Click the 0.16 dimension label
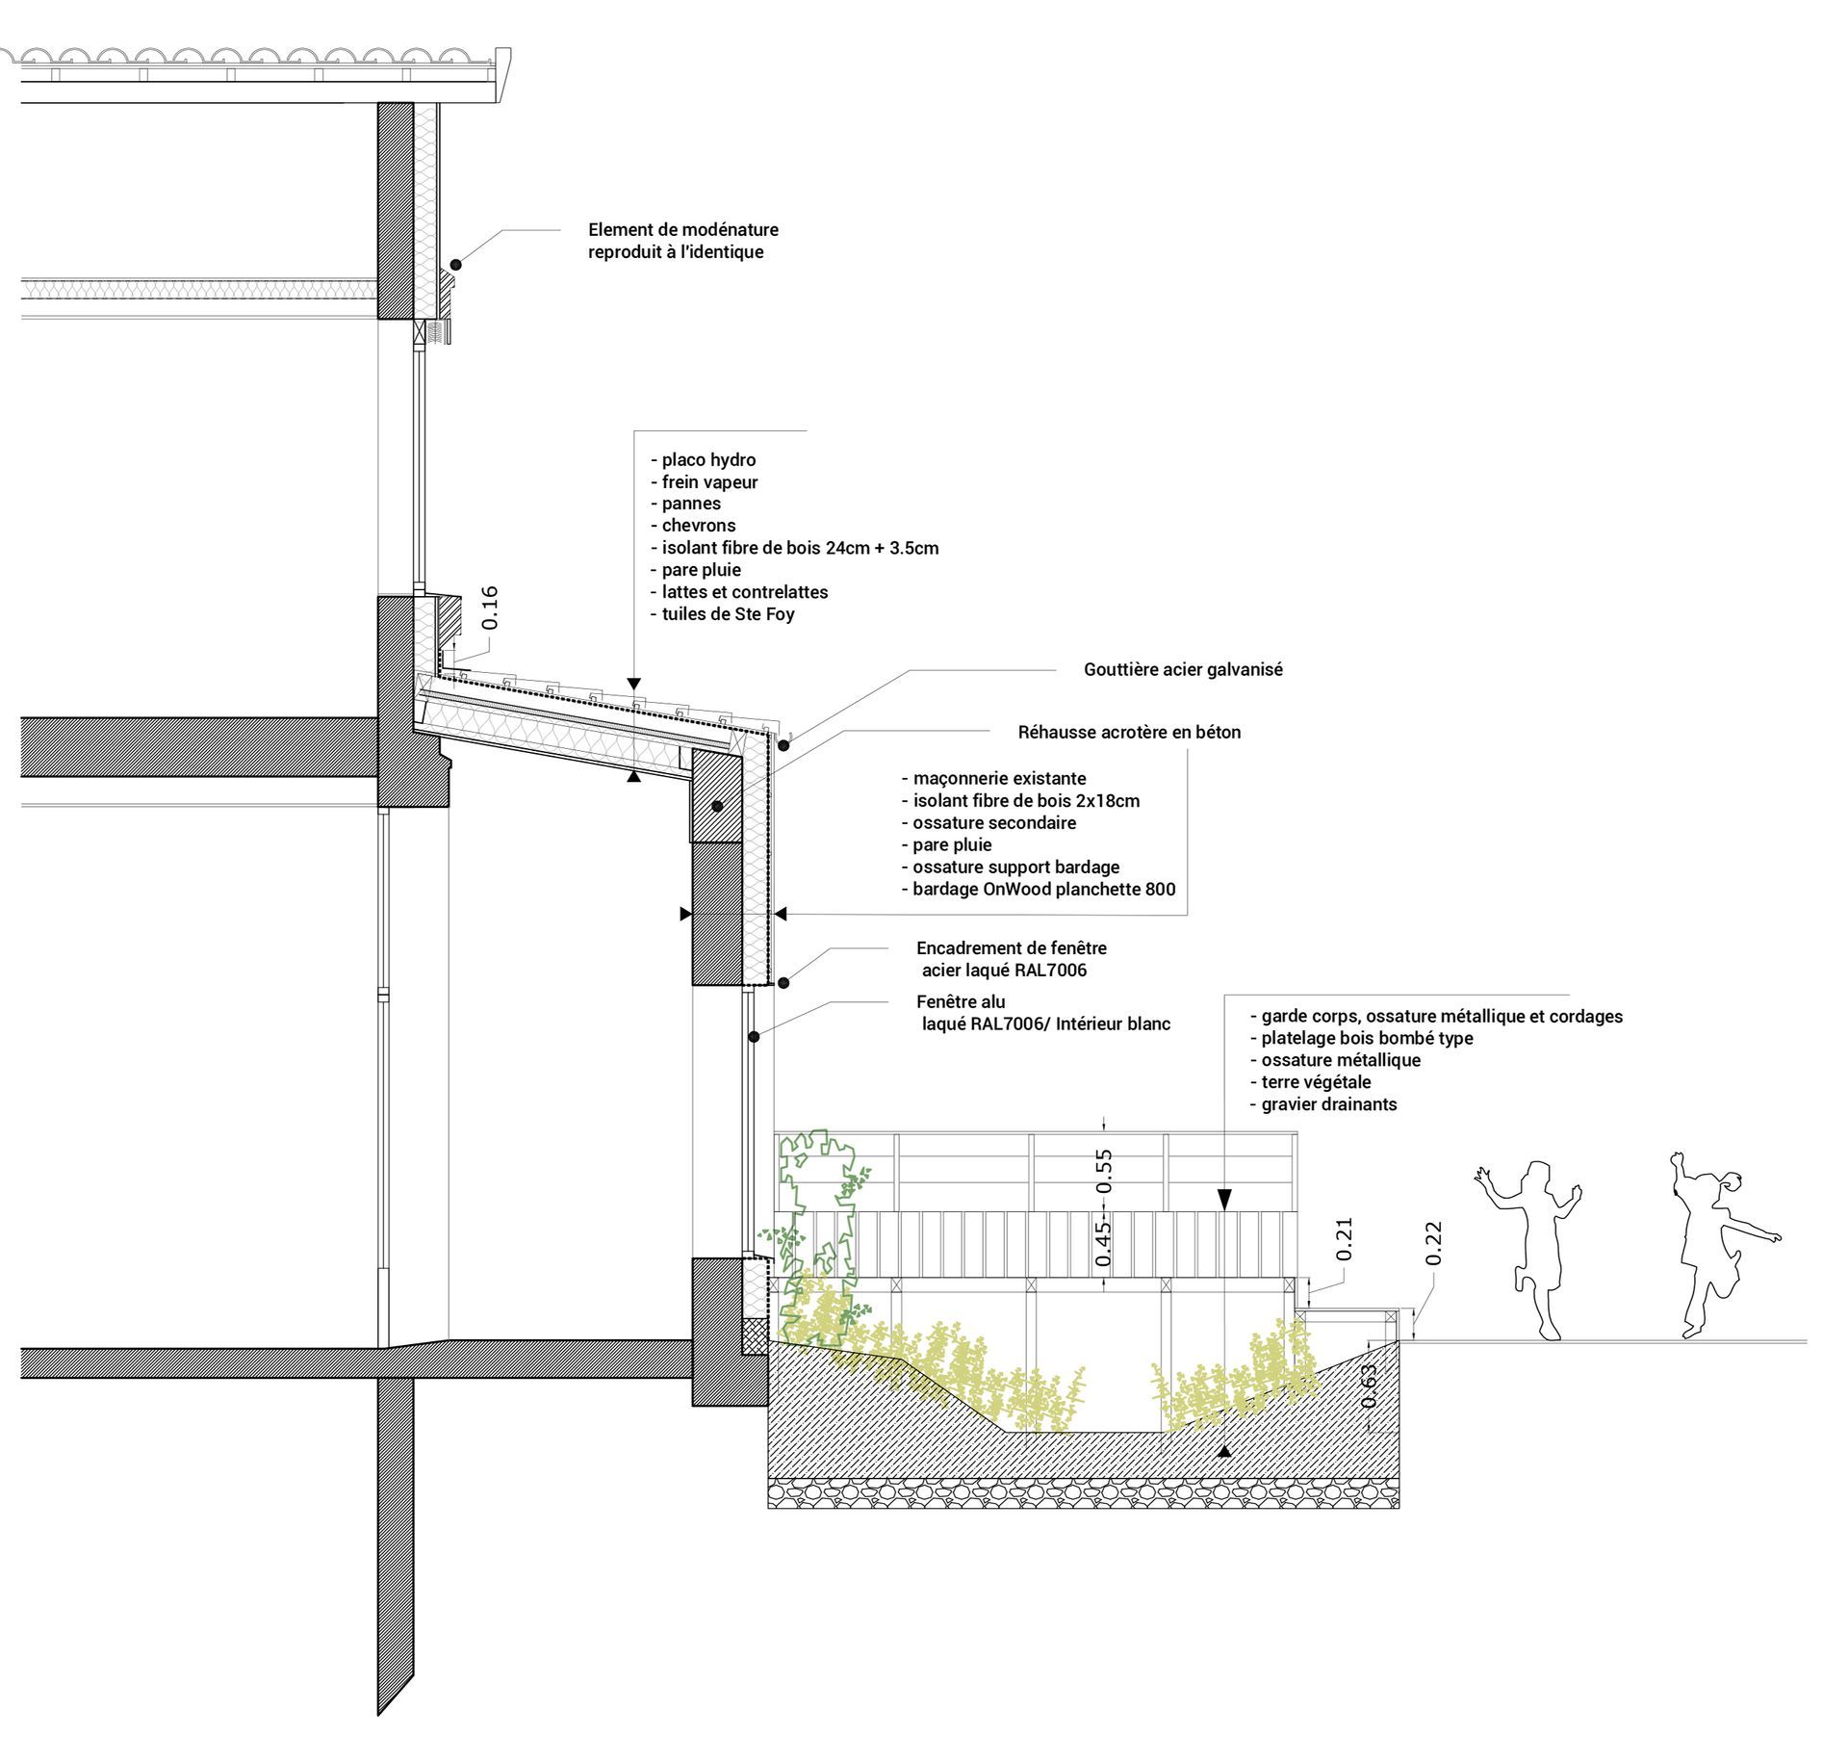click(491, 608)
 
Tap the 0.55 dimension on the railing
click(1104, 1170)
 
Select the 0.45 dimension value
click(1104, 1241)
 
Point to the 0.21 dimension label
click(1345, 1238)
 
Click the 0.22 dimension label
click(1434, 1243)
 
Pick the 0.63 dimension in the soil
click(1370, 1386)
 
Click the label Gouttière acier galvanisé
click(1183, 669)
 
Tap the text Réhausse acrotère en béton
click(1129, 732)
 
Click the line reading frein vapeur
click(709, 481)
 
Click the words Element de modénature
click(683, 229)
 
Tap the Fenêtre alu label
click(961, 1001)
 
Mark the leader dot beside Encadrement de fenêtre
click(783, 983)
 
